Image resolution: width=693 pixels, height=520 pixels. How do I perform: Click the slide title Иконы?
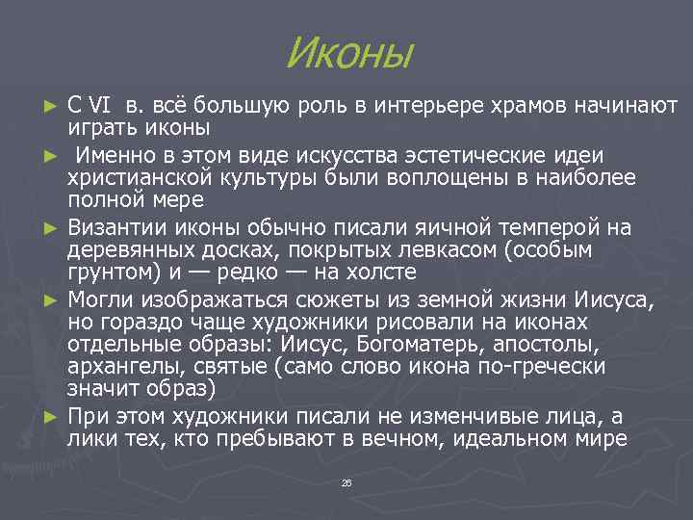coord(348,53)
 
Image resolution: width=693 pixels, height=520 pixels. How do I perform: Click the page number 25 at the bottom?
coord(346,481)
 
